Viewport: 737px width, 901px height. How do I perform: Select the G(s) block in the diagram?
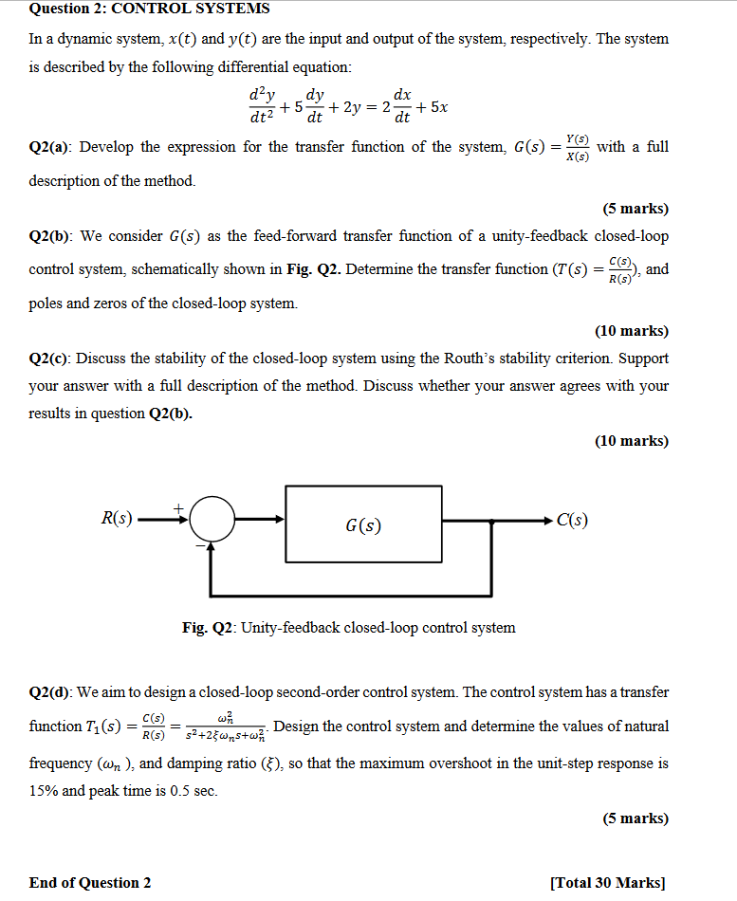click(x=364, y=524)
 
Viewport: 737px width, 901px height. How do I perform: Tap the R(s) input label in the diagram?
click(x=117, y=519)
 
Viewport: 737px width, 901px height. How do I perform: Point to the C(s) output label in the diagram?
click(x=572, y=520)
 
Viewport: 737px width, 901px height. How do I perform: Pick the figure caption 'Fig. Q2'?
click(x=348, y=628)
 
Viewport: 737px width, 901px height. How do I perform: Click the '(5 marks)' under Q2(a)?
click(x=635, y=209)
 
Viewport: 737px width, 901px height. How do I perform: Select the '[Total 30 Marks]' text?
click(x=607, y=883)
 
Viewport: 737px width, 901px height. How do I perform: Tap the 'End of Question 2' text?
click(x=90, y=883)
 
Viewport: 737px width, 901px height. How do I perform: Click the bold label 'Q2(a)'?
click(x=52, y=147)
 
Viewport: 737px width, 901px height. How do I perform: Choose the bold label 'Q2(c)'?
click(x=51, y=359)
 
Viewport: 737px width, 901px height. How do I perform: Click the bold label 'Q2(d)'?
click(x=52, y=692)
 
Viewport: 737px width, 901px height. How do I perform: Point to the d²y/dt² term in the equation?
click(x=258, y=106)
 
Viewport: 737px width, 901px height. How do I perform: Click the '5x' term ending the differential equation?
click(x=438, y=107)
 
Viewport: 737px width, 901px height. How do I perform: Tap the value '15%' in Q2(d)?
click(x=44, y=791)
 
